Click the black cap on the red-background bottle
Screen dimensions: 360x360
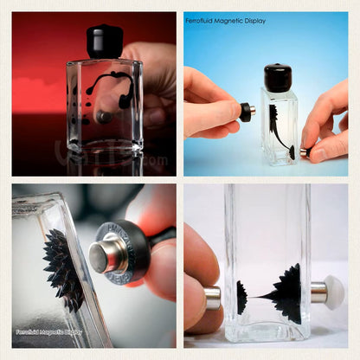coord(104,41)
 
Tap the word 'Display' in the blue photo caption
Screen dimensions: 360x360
coord(254,21)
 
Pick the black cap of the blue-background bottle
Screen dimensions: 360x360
coord(279,76)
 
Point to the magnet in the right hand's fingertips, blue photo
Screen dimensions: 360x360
coord(304,152)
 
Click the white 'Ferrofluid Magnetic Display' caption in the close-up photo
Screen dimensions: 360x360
coord(48,331)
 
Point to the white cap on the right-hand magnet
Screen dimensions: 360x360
coord(334,292)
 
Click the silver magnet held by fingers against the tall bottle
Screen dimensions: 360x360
coord(213,297)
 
